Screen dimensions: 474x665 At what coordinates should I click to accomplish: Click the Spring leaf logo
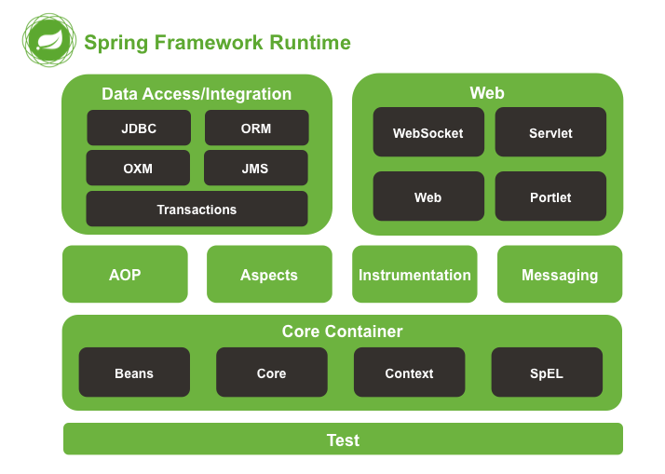[49, 41]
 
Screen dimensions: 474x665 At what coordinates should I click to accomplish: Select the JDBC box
[139, 128]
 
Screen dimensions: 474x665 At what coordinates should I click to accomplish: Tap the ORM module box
[256, 128]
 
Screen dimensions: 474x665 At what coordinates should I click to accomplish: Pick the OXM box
[138, 169]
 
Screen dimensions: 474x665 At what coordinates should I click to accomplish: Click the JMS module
[255, 169]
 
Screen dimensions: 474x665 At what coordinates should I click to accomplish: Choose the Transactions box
[197, 210]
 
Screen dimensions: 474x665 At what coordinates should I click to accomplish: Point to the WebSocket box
[428, 132]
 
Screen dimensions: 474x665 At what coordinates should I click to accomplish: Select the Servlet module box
[550, 132]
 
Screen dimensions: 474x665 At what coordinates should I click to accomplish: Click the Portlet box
[550, 196]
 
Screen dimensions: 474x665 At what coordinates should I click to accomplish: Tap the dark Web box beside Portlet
[428, 196]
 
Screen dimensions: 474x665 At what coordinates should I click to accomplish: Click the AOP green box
[125, 275]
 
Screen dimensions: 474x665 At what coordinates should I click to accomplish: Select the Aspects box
[269, 275]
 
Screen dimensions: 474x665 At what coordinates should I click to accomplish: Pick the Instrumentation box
[414, 275]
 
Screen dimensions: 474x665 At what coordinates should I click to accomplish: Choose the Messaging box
[560, 275]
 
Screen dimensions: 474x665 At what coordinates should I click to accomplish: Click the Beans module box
[134, 372]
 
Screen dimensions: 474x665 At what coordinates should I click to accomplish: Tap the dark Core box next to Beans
[271, 372]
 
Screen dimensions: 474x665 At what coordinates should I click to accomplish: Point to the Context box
[409, 372]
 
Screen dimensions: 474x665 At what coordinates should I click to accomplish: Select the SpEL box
[547, 372]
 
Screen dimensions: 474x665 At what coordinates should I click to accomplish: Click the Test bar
[343, 440]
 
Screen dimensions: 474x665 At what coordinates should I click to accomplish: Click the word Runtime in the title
[310, 43]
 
